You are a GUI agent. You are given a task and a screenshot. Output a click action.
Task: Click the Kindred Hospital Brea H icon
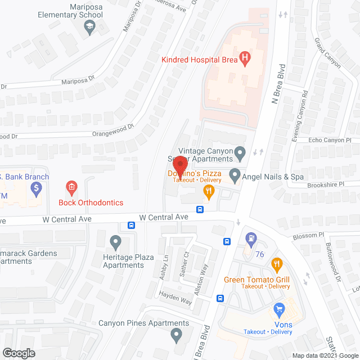(x=244, y=57)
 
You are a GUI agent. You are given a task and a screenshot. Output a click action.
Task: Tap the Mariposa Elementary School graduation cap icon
(x=89, y=28)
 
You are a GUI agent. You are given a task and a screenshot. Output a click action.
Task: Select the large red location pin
(x=180, y=164)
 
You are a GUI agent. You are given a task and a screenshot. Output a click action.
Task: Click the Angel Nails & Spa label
(x=273, y=177)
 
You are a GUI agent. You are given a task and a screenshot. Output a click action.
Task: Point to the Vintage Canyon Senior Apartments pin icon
(x=240, y=152)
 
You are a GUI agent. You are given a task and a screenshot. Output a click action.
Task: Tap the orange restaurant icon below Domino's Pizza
(x=209, y=192)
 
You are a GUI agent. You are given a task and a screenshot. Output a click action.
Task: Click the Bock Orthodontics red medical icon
(x=71, y=187)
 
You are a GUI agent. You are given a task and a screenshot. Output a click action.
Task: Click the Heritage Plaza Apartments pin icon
(x=116, y=243)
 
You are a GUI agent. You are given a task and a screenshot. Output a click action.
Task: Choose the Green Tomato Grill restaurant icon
(x=276, y=264)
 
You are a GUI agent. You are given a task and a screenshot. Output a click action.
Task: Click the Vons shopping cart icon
(x=279, y=309)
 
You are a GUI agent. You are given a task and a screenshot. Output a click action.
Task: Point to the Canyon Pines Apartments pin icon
(x=177, y=336)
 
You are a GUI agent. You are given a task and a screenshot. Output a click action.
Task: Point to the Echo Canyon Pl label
(x=330, y=140)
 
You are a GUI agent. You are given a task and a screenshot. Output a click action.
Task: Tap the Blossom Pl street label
(x=306, y=235)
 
